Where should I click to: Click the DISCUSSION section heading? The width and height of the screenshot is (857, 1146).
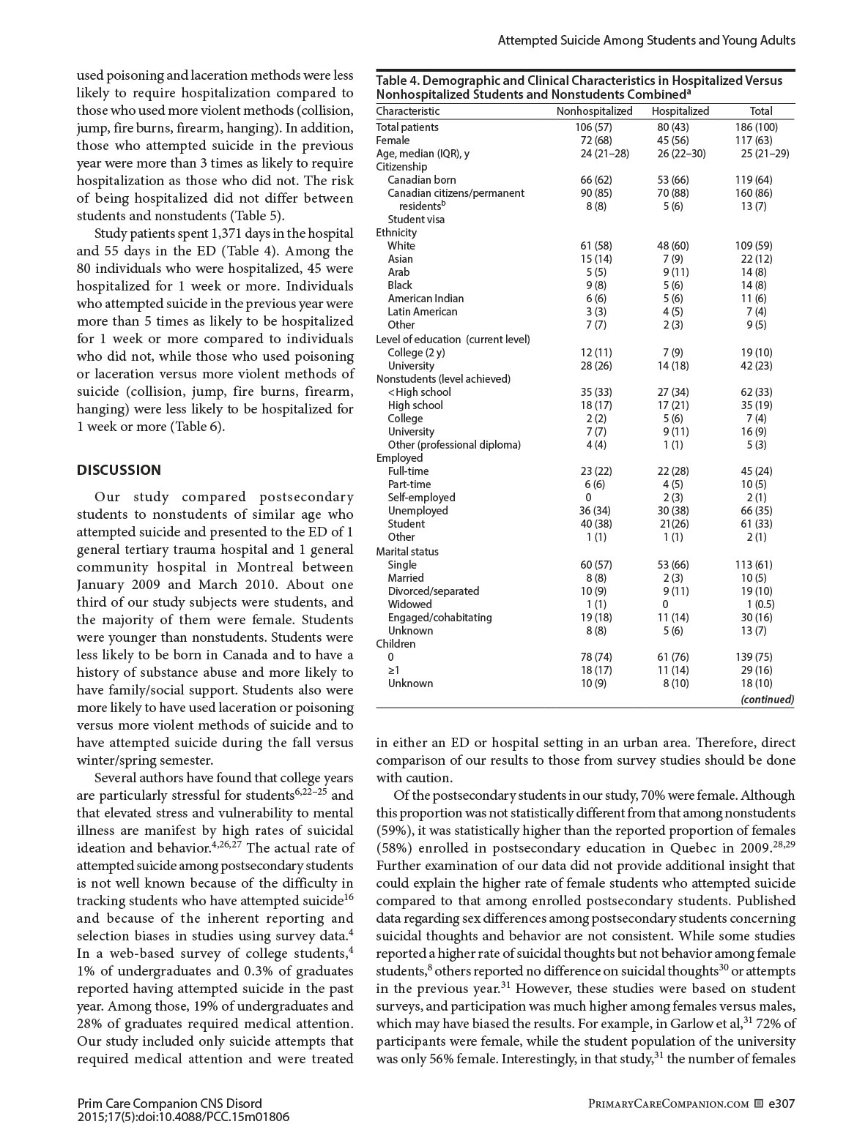point(119,471)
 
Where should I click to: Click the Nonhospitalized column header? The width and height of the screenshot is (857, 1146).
point(594,111)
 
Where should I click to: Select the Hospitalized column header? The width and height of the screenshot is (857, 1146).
point(680,111)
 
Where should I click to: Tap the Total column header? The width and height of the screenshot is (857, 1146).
point(761,111)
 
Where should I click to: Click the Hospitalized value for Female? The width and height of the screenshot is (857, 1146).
point(672,141)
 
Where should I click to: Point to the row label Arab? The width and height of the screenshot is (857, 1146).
point(399,272)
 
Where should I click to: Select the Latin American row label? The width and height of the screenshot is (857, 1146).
point(422,312)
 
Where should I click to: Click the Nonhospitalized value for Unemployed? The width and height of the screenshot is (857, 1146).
point(596,511)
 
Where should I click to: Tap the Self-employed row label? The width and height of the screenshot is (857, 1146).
point(421,498)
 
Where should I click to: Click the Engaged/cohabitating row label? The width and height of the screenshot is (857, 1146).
point(439,618)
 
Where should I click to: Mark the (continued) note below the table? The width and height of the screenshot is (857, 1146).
point(767,700)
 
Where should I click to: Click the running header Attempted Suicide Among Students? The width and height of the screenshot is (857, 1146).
point(646,40)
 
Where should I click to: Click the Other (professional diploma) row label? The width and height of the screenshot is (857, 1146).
point(454,445)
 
